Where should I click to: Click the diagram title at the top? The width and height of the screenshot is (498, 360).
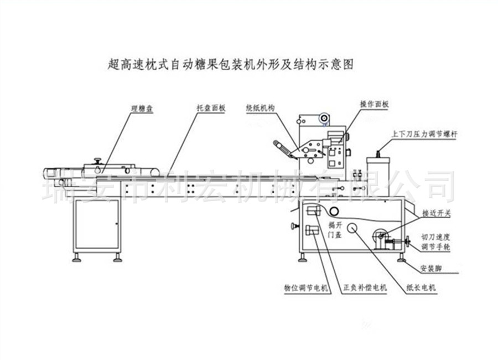tap(229, 64)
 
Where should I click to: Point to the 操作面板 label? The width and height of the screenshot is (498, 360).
tap(375, 104)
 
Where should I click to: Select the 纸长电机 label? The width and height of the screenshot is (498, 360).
tap(421, 288)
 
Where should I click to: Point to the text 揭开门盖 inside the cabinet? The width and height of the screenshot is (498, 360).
tap(335, 229)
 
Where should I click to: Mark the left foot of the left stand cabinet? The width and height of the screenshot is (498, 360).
tap(78, 258)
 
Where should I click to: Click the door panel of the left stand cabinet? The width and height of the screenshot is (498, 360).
tap(97, 224)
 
